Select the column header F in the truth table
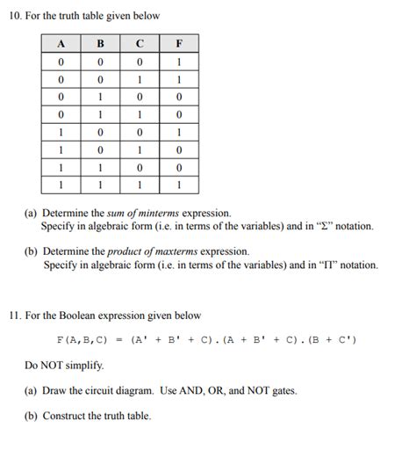179,42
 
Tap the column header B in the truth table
99,42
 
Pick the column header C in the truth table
140,42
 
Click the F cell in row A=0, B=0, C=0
179,62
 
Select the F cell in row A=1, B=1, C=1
179,185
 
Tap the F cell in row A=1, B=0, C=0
179,133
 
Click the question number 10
15,17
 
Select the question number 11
15,316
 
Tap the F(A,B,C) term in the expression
82,339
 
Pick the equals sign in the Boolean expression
118,339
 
